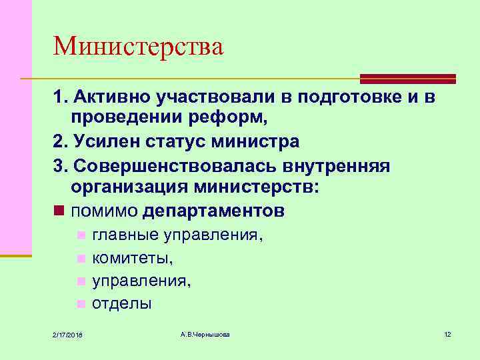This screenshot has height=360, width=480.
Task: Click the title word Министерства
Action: pos(139,47)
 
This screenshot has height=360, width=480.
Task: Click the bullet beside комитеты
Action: pos(81,258)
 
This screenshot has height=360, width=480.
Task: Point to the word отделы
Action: pos(122,303)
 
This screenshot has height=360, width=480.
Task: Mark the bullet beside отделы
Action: pos(81,304)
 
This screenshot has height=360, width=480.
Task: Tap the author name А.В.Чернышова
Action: pos(205,333)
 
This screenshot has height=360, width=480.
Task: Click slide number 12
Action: pos(447,333)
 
